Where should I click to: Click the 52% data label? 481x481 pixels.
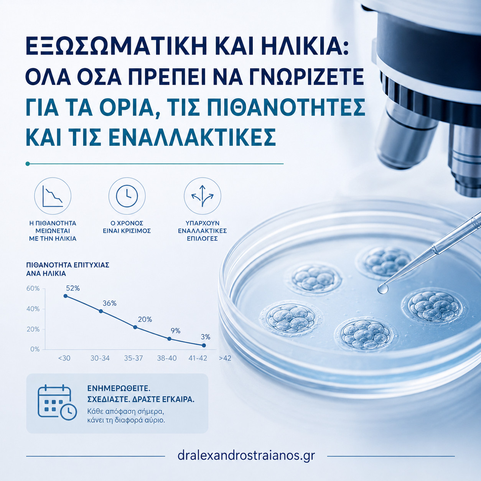click(73, 288)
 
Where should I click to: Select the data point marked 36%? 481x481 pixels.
click(101, 311)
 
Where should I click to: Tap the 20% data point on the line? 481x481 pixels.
click(135, 327)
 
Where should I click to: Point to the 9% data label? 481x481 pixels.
click(175, 331)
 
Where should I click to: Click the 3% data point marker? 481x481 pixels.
click(204, 345)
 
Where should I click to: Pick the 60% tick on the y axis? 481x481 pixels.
click(33, 288)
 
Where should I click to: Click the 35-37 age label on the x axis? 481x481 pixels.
click(133, 358)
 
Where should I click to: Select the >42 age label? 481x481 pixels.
click(225, 358)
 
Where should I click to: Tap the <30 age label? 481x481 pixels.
click(64, 358)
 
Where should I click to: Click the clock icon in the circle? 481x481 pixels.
click(127, 196)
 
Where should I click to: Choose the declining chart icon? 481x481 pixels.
click(53, 196)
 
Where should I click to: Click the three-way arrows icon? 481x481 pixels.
click(203, 196)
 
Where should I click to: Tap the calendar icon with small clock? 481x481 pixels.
click(57, 403)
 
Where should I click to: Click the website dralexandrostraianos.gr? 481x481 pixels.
click(246, 456)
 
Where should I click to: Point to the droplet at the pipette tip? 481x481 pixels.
click(383, 289)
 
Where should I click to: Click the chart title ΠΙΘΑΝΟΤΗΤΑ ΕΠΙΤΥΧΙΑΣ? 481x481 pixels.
click(68, 265)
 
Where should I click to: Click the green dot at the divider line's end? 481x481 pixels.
click(28, 164)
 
